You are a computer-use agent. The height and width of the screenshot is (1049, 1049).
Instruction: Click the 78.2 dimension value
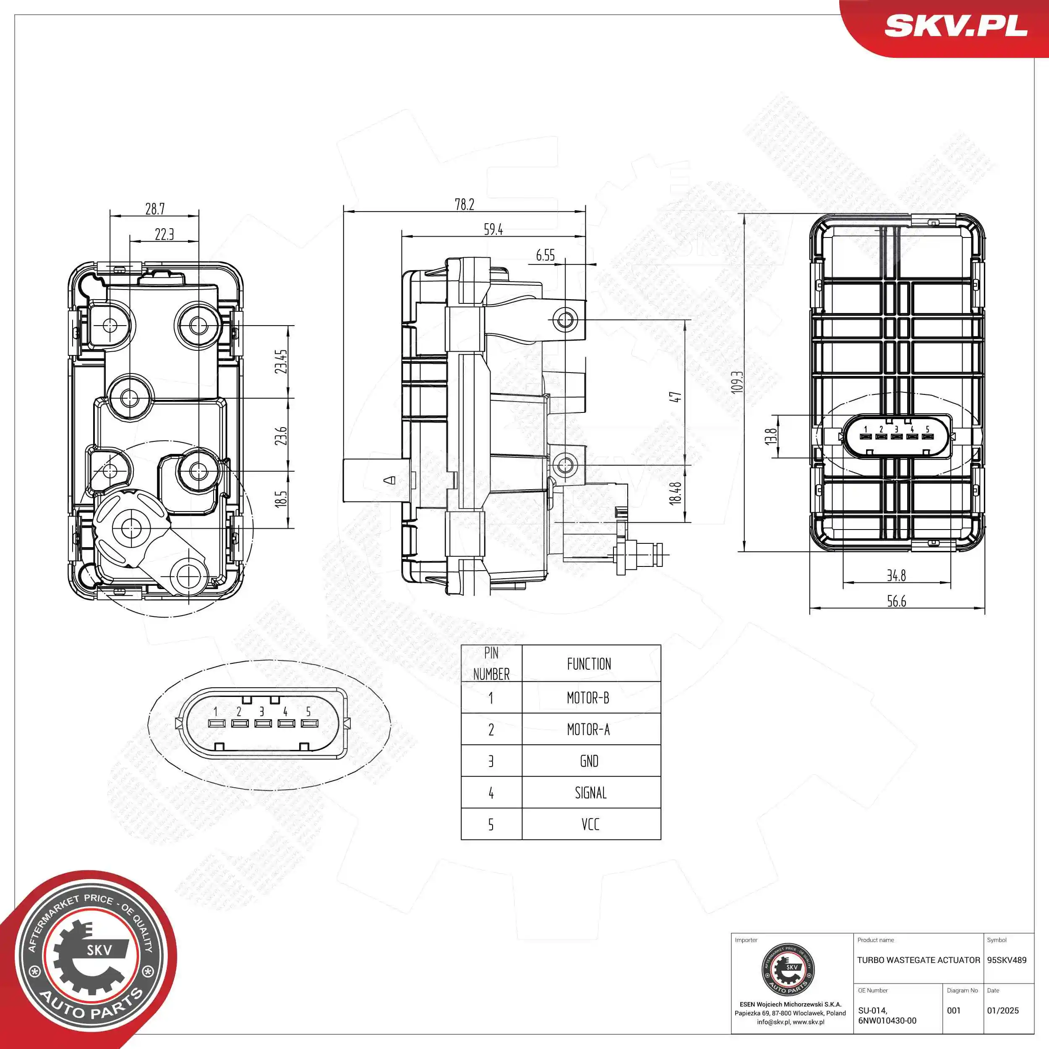(464, 204)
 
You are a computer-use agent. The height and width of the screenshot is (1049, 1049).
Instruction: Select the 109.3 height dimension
(737, 382)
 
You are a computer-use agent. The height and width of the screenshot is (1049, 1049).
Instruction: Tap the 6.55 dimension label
(545, 255)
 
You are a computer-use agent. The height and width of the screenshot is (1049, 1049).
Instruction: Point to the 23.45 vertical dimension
(281, 361)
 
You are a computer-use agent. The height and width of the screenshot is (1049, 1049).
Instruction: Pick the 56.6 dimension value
(896, 601)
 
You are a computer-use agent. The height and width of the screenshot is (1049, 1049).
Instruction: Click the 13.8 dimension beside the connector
(770, 436)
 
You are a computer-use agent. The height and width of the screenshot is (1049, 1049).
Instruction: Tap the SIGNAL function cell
(590, 793)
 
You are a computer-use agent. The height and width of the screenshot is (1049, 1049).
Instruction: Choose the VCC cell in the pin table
(590, 824)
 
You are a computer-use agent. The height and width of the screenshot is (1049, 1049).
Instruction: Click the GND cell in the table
(589, 761)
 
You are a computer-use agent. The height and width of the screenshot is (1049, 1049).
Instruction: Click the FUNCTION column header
(589, 664)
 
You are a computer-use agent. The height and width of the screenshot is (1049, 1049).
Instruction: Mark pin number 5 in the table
(491, 824)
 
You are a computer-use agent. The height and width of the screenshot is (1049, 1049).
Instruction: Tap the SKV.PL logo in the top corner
(955, 26)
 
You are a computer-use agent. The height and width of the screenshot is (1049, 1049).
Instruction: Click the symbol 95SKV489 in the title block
(1007, 960)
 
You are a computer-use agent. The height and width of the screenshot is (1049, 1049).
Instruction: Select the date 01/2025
(1002, 1010)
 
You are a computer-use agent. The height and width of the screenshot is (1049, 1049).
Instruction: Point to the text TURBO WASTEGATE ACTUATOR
(918, 960)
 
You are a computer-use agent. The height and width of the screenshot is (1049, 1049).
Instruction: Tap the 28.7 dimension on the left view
(155, 209)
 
